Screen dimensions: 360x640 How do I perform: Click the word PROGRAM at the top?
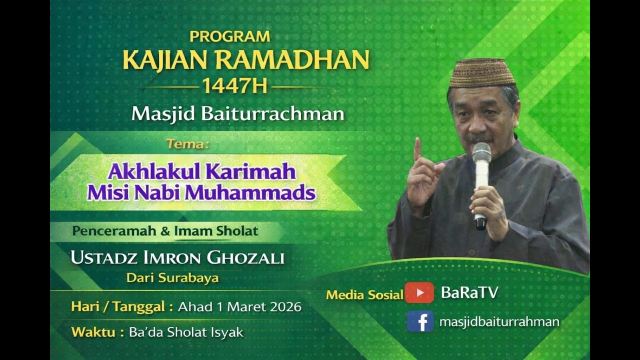[229, 36]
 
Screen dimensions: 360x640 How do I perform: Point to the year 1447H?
[234, 86]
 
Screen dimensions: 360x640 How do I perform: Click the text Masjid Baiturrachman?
[237, 113]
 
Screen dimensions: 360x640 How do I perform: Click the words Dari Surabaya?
[172, 277]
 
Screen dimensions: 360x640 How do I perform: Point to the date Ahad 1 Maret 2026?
[239, 306]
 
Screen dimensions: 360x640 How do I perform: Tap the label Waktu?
[93, 332]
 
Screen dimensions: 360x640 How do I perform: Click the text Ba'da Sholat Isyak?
[186, 332]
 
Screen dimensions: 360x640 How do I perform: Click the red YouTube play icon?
[419, 292]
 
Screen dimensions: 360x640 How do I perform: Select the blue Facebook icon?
[420, 321]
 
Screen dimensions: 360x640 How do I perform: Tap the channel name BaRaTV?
[469, 292]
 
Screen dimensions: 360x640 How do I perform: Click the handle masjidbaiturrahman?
[499, 321]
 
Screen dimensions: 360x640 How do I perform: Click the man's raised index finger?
[417, 148]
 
